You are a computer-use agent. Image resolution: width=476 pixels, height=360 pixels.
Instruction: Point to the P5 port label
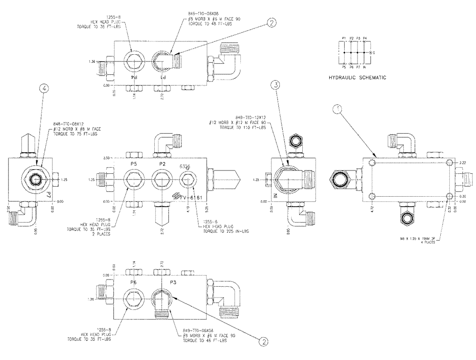coord(134,164)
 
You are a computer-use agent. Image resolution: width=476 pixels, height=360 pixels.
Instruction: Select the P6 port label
coord(134,282)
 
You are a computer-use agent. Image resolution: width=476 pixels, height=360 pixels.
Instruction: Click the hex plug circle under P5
coord(134,180)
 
